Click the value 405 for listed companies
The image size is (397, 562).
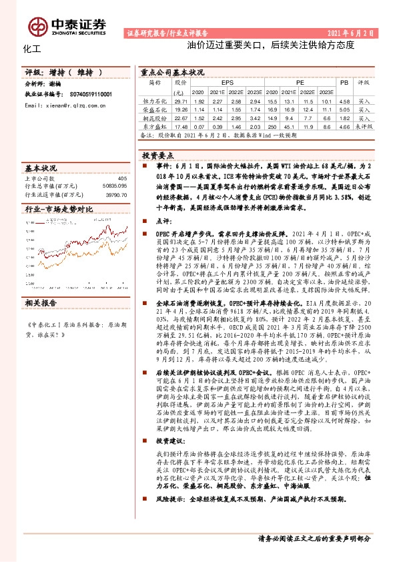click(x=121, y=178)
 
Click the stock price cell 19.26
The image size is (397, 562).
click(x=180, y=108)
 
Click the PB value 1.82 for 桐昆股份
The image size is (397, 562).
click(x=344, y=117)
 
